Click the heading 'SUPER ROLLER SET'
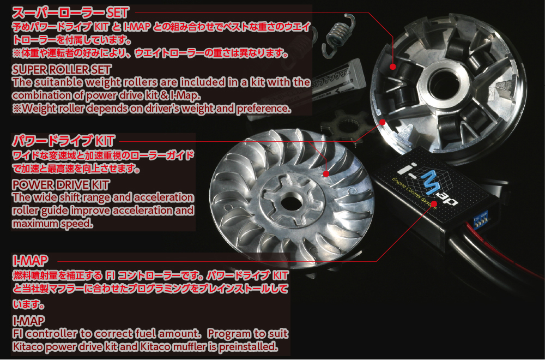(x=62, y=70)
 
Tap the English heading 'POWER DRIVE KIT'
(x=60, y=185)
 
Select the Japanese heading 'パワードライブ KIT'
(x=63, y=141)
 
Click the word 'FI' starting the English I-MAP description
(x=17, y=333)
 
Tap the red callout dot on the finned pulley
(x=326, y=174)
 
